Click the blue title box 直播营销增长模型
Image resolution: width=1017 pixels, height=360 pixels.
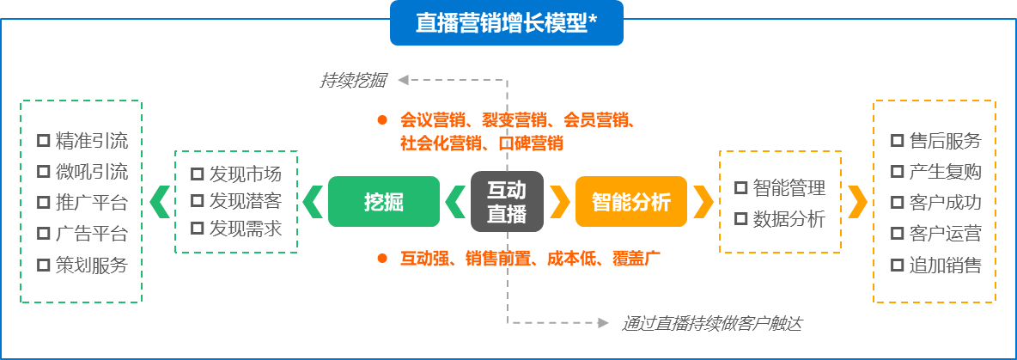pos(506,23)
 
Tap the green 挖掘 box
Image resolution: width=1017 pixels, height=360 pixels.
pos(383,202)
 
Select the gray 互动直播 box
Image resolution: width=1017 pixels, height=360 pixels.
pos(507,202)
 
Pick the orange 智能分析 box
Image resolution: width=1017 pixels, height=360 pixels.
pos(631,202)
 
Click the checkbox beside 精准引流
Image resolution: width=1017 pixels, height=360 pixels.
pos(43,141)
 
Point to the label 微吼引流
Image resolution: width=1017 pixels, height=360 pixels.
pos(91,172)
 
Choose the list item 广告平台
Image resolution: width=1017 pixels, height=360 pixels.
pos(91,234)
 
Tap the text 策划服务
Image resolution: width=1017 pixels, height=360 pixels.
pos(91,265)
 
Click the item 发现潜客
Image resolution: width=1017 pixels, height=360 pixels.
pos(245,202)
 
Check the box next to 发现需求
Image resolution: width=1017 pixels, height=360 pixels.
pos(197,229)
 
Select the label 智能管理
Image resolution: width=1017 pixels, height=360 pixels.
pos(789,188)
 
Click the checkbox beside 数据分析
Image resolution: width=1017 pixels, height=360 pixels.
pos(740,219)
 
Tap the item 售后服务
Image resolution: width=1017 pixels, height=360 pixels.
pos(945,141)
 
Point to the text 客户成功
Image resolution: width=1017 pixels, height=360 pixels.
pos(945,203)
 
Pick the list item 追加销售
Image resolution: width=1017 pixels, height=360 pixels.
pos(945,265)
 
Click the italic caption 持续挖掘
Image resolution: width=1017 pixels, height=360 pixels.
pos(353,81)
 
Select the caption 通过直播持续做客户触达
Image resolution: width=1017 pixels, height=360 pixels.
pos(712,323)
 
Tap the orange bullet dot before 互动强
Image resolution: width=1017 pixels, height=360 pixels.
pos(382,257)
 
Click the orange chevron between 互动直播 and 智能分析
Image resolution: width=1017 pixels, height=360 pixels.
pos(560,202)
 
